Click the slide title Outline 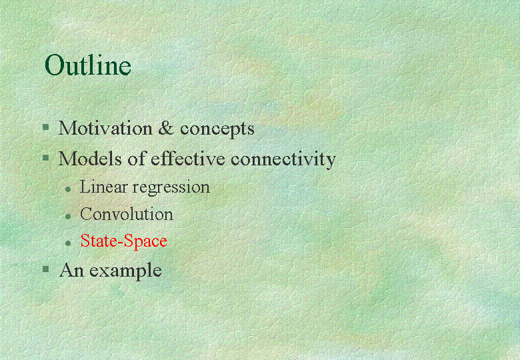[x=88, y=64]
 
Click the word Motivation [x=105, y=127]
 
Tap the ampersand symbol [x=166, y=128]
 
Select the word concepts [x=217, y=129]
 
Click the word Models [x=90, y=159]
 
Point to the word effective [x=188, y=159]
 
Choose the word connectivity [x=283, y=160]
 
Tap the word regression [x=171, y=188]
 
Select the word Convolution [x=127, y=214]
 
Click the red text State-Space [x=124, y=241]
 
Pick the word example [x=125, y=271]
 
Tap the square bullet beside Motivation [x=46, y=127]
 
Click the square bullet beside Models [x=46, y=157]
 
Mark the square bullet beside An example [x=46, y=269]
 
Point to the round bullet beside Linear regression [x=68, y=189]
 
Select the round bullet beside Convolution [x=68, y=217]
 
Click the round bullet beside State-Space [x=68, y=243]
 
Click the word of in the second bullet [x=137, y=159]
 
